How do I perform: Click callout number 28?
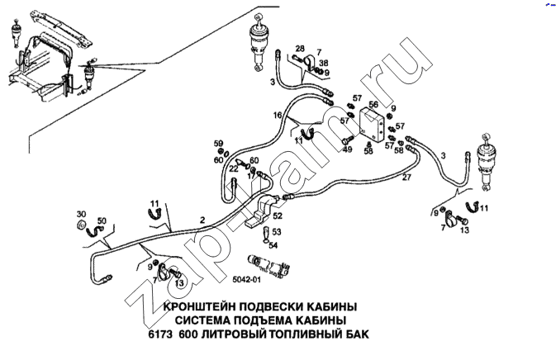[299, 48]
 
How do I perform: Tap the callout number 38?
[323, 63]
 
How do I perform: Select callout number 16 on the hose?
[278, 114]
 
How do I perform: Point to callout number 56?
[373, 106]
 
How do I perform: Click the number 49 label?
[347, 149]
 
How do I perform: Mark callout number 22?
[234, 169]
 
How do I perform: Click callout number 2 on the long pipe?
[202, 220]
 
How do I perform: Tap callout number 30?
[81, 213]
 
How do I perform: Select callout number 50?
[102, 221]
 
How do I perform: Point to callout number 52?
[278, 216]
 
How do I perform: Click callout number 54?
[275, 244]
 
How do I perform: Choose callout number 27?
[406, 178]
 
